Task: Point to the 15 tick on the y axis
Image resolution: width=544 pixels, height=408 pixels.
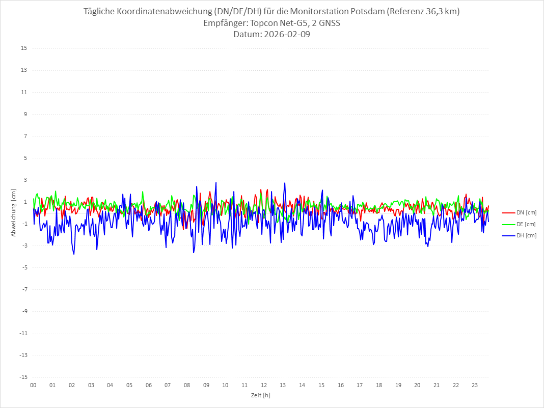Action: tap(24, 48)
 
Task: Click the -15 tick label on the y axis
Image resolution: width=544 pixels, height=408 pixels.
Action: tap(23, 377)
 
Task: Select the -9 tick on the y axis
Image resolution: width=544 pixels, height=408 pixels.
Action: tap(24, 311)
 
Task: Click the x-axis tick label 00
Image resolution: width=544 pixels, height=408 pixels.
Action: tap(33, 385)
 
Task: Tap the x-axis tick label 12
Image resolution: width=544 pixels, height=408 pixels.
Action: tap(264, 385)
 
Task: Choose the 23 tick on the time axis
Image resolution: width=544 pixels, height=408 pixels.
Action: tap(475, 385)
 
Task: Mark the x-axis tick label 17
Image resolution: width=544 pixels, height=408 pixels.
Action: tap(360, 385)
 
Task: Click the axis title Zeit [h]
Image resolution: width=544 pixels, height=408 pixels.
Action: tap(260, 395)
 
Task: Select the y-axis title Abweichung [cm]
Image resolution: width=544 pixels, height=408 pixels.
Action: tap(14, 212)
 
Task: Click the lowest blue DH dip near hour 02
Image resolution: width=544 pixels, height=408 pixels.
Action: tap(74, 254)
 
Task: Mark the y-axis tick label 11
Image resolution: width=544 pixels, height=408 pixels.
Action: tap(24, 92)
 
